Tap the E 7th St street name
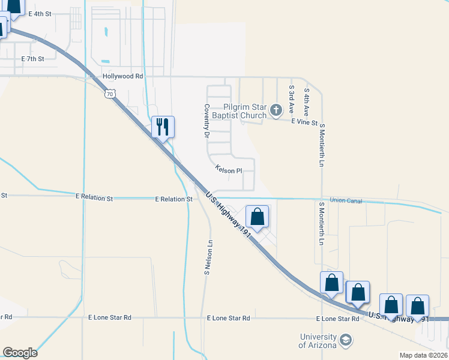[x=33, y=59]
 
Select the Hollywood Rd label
[x=122, y=76]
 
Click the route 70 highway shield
[x=109, y=94]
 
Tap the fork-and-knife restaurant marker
[x=162, y=127]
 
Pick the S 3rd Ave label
[x=291, y=99]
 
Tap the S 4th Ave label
[x=306, y=99]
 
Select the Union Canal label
[x=346, y=200]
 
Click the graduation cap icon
[x=345, y=341]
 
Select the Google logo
[x=20, y=353]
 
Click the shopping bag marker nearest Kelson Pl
[x=257, y=217]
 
